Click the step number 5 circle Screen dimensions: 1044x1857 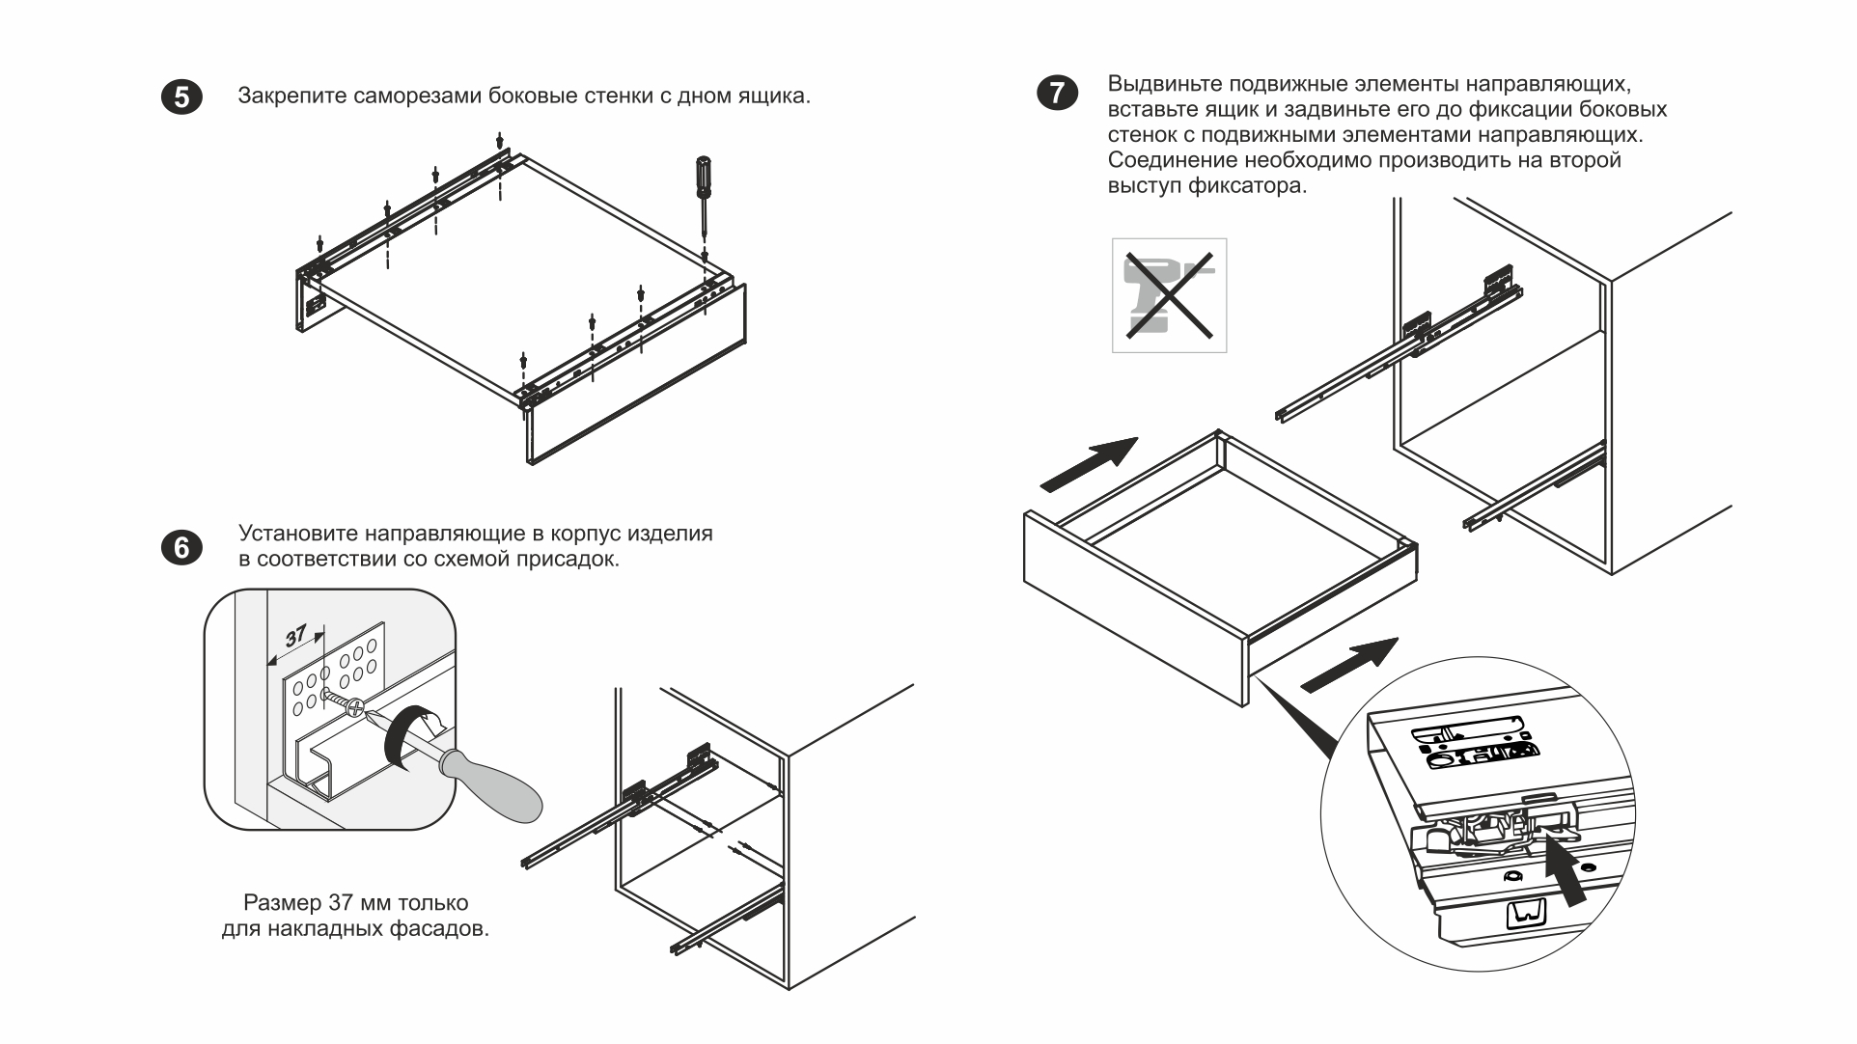pos(181,97)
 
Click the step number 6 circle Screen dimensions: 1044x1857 pos(181,547)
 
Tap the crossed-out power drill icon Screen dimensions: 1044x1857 pos(1169,295)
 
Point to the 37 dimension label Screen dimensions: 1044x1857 pos(296,636)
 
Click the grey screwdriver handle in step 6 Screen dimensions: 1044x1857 pos(492,784)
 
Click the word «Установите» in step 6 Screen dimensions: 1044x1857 pos(296,534)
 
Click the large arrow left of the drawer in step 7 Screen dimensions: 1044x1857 pos(1090,464)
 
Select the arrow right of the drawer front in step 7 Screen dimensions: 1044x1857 pos(1350,665)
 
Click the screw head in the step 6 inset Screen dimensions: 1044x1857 pos(356,707)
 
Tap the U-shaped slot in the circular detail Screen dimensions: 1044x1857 pos(1525,912)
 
